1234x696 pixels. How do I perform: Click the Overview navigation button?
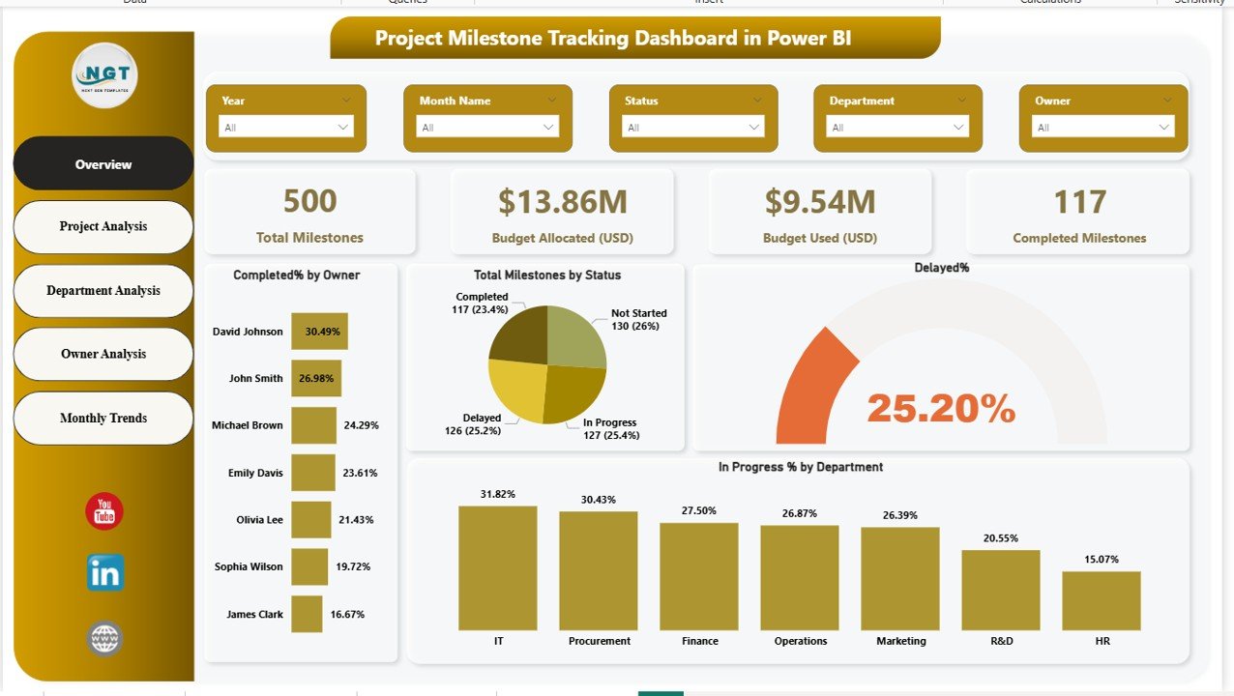click(103, 164)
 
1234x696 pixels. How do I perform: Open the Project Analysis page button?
click(103, 226)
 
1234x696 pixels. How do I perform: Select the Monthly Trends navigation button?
click(103, 418)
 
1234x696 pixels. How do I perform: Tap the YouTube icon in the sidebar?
click(104, 511)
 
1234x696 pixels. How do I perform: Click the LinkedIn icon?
click(104, 574)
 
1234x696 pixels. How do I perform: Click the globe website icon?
click(104, 638)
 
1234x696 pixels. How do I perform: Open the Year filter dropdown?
click(286, 127)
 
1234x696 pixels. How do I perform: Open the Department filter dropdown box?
click(897, 127)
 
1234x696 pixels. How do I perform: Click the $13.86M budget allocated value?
click(563, 201)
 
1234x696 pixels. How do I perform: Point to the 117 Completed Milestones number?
click(1079, 201)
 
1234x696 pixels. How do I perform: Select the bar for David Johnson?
click(319, 332)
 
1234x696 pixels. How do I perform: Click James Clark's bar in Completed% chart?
click(307, 614)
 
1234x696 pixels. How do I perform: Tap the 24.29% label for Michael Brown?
click(361, 425)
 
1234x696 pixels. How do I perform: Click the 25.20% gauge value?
click(941, 409)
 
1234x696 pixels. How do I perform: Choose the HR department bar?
click(1101, 600)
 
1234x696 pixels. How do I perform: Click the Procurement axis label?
click(600, 641)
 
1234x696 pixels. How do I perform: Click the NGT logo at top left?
click(104, 74)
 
